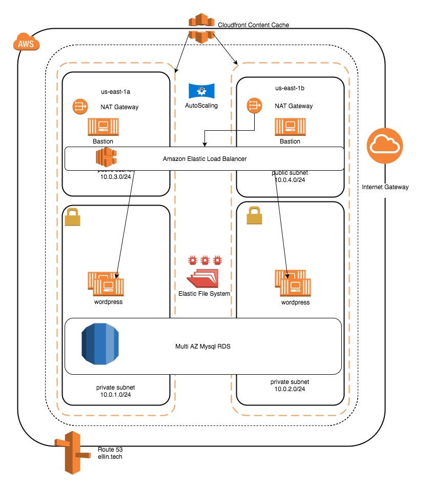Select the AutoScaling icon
click(201, 91)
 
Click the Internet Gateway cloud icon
click(385, 147)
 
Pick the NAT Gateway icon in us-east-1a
click(80, 107)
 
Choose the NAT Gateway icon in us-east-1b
click(255, 106)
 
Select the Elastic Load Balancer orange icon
click(106, 157)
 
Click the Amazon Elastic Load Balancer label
click(204, 159)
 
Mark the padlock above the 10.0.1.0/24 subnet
click(73, 217)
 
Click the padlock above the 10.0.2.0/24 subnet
click(255, 216)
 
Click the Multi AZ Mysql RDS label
click(203, 347)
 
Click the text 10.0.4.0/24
click(290, 180)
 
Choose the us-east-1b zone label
click(290, 88)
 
